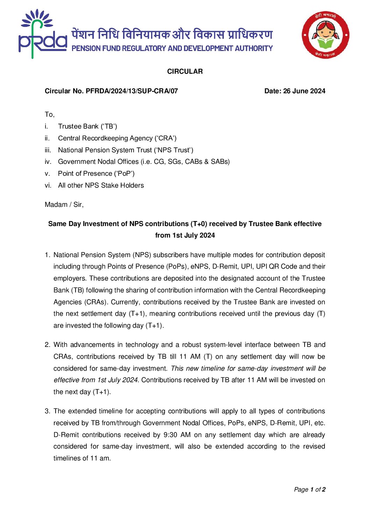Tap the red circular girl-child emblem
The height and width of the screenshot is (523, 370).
(x=325, y=35)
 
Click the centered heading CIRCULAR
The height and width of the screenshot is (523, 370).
(x=185, y=72)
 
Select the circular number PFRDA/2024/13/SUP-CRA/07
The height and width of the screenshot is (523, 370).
(x=132, y=91)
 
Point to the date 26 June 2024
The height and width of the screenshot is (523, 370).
(x=304, y=91)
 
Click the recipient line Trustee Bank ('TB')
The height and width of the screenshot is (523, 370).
(x=87, y=126)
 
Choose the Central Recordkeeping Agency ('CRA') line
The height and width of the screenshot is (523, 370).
(x=117, y=138)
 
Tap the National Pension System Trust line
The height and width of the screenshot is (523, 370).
(x=126, y=150)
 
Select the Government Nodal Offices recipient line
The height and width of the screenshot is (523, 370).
(x=144, y=162)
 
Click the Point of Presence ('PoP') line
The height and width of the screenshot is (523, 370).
(x=96, y=174)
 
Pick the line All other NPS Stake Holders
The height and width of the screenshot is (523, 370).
(x=101, y=186)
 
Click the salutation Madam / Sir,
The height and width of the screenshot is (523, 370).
(x=64, y=205)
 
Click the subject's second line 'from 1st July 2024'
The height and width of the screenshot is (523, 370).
(x=185, y=235)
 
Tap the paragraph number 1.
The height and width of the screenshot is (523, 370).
(x=47, y=255)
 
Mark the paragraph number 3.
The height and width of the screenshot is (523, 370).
(x=47, y=411)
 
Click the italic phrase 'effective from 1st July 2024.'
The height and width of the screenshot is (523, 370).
(x=96, y=380)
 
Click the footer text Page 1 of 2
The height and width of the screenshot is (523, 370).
(x=309, y=490)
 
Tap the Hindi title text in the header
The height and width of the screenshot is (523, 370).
(x=172, y=35)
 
